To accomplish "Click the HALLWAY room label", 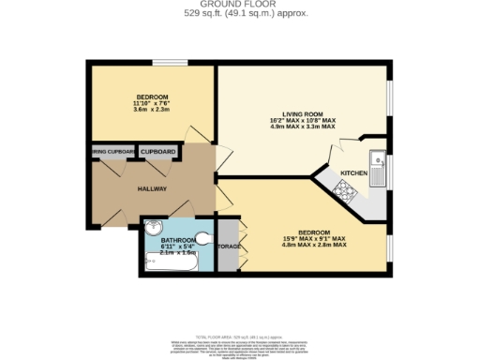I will pos(152,188).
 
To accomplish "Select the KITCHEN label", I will pos(353,173).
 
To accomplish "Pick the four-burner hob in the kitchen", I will pos(342,192).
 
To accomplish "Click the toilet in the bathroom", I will pos(205,237).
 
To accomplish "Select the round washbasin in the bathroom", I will pos(152,227).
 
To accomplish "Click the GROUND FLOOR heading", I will pos(240,5).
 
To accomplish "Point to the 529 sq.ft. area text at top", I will pos(240,13).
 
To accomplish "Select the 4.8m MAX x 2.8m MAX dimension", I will pos(314,245).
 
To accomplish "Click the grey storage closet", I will pos(228,246).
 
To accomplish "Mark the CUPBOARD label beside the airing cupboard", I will pos(157,151).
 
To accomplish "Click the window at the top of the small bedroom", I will pos(171,64).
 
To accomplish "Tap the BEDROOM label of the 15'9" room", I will pos(314,232).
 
